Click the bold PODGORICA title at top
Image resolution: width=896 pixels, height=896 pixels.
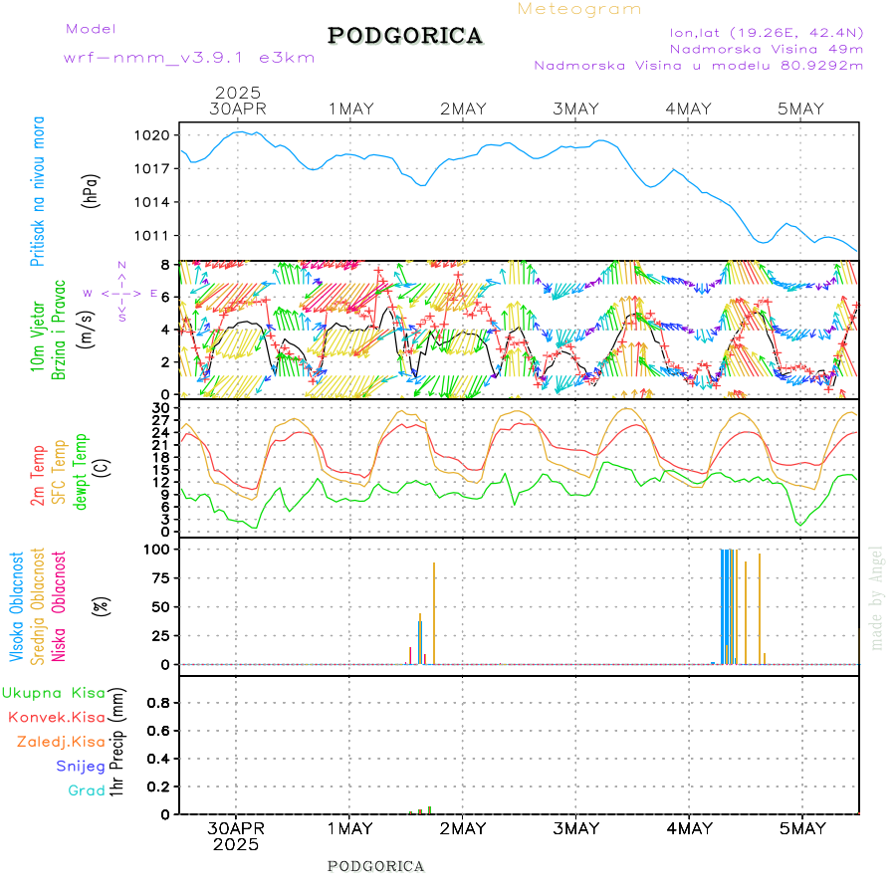[405, 36]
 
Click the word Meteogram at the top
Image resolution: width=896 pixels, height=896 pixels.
[579, 9]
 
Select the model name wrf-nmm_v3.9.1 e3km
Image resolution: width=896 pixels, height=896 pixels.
[189, 58]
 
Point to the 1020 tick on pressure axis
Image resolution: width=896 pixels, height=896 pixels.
[159, 134]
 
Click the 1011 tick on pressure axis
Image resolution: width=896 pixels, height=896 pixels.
[159, 236]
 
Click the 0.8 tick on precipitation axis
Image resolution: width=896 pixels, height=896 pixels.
[157, 702]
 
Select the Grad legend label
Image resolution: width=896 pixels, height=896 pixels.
[86, 791]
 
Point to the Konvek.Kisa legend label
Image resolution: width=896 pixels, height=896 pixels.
[57, 717]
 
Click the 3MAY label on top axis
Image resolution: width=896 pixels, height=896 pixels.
[575, 109]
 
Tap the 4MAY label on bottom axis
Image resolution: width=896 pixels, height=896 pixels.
[689, 828]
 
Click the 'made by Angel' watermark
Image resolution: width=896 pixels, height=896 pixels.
[877, 597]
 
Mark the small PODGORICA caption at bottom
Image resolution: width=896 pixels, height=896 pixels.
[376, 866]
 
